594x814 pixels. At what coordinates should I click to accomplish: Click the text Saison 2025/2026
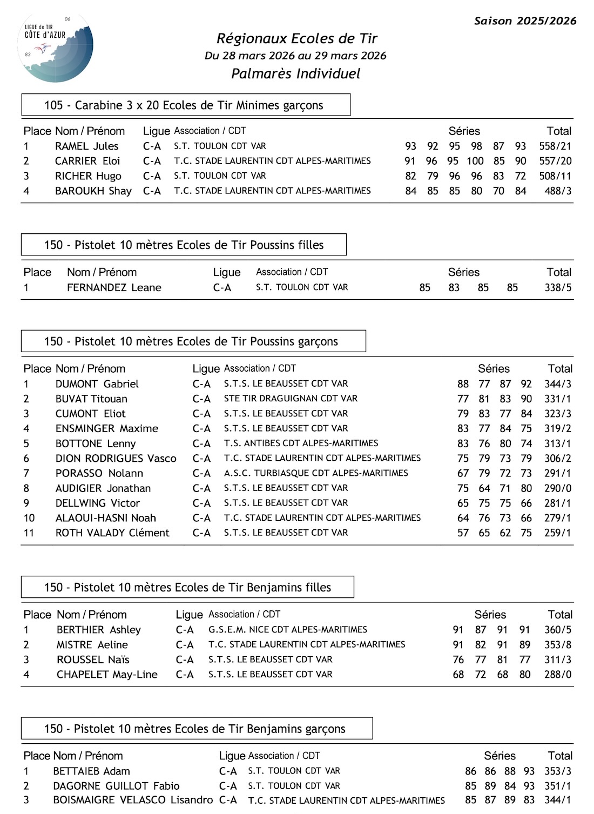(x=525, y=21)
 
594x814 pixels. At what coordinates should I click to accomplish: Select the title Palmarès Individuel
(x=295, y=74)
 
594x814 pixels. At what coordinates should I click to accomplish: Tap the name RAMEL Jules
(x=86, y=146)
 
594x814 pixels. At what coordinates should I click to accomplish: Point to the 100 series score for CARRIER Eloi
(x=475, y=161)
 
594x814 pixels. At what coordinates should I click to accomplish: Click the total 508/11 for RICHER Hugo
(x=555, y=176)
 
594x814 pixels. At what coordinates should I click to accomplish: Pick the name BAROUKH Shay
(x=93, y=191)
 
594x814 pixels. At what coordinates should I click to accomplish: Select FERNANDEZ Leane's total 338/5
(x=558, y=288)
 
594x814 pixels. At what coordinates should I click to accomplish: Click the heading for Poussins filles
(x=184, y=245)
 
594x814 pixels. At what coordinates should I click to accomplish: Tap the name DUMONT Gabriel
(x=97, y=384)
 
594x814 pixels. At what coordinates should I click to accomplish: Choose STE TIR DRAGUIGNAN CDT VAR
(x=291, y=399)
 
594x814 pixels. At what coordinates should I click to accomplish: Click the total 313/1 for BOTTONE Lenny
(x=558, y=443)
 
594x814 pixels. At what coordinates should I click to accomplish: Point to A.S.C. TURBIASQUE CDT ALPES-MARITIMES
(x=316, y=473)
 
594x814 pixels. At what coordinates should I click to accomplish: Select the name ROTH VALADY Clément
(x=112, y=533)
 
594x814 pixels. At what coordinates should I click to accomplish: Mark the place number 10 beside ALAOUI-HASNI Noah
(x=29, y=518)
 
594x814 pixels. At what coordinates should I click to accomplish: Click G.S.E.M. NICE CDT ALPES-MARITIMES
(x=287, y=630)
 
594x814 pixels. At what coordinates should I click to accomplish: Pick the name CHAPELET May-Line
(x=107, y=675)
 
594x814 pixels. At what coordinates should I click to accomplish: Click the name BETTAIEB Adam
(x=91, y=771)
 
